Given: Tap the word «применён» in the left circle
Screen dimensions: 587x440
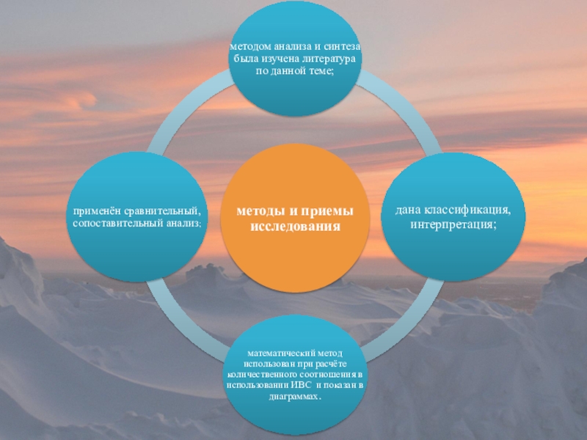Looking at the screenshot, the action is point(93,213).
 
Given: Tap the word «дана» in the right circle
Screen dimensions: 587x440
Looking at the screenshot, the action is point(409,211).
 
